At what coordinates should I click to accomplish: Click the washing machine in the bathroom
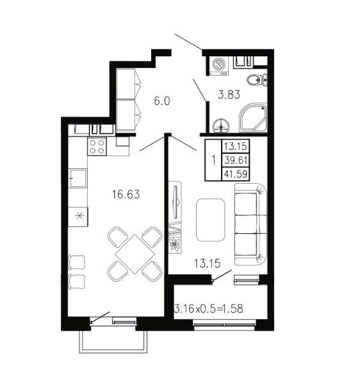(x=219, y=66)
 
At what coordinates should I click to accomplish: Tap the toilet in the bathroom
(x=257, y=80)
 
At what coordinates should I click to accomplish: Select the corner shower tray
(x=253, y=117)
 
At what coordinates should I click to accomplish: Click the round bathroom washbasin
(x=221, y=126)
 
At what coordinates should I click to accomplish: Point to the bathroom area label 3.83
(x=229, y=95)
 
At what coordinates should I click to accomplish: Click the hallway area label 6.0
(x=162, y=101)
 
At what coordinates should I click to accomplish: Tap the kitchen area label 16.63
(x=126, y=195)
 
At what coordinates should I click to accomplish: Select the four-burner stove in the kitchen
(x=97, y=147)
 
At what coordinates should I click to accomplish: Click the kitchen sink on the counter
(x=78, y=178)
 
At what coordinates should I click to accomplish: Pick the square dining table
(x=135, y=254)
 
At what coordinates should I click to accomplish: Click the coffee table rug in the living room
(x=210, y=220)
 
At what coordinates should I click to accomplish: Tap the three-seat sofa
(x=250, y=224)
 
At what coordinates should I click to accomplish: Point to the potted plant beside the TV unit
(x=175, y=245)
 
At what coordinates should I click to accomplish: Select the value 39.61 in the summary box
(x=236, y=160)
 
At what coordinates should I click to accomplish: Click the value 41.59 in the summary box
(x=236, y=174)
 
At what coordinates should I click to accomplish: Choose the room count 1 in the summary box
(x=214, y=161)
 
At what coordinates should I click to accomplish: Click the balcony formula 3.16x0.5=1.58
(x=209, y=309)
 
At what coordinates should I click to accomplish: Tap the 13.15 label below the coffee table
(x=208, y=263)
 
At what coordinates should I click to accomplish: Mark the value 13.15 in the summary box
(x=236, y=146)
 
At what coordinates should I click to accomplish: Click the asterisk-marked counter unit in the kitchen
(x=78, y=216)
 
